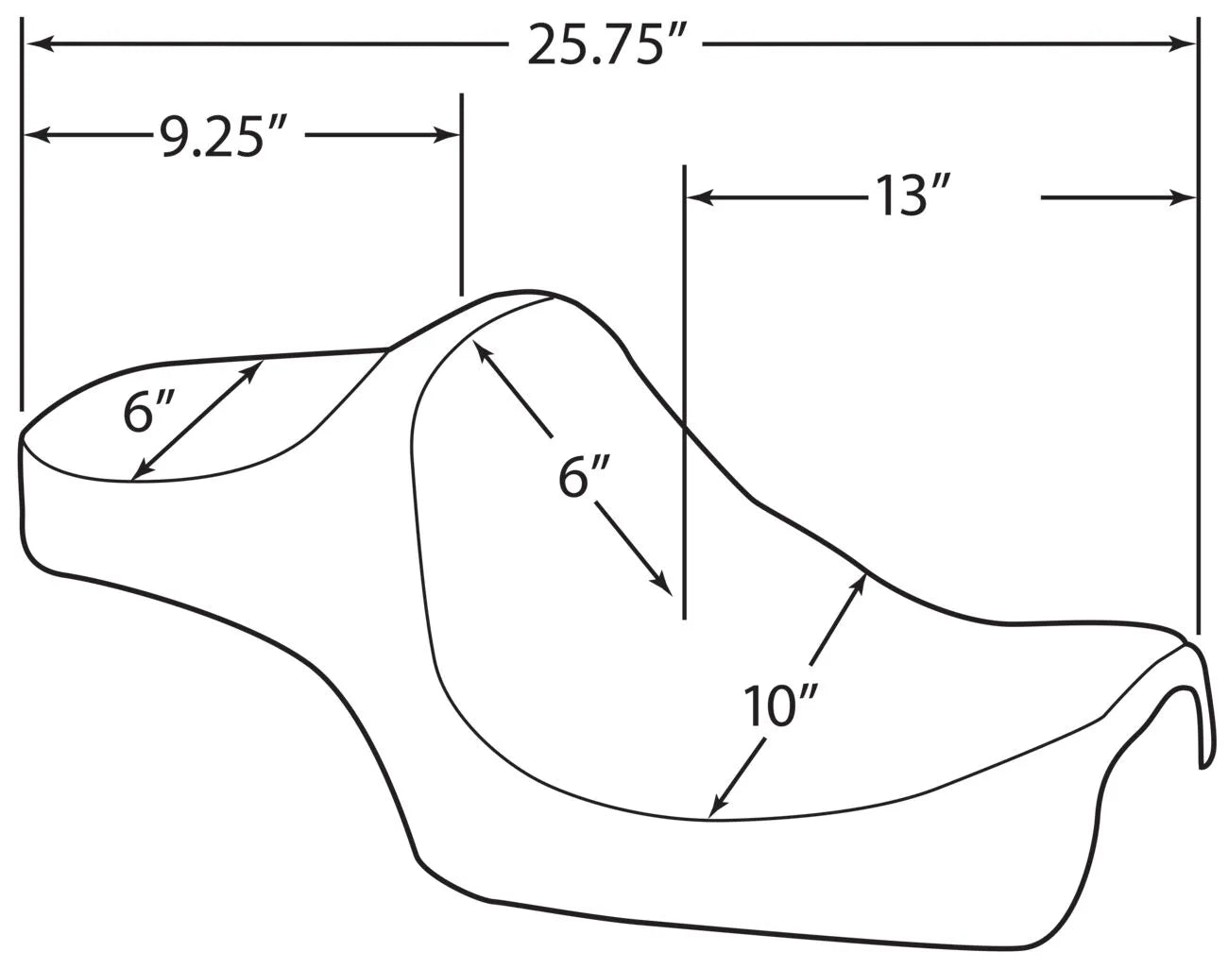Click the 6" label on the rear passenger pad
[x=148, y=413]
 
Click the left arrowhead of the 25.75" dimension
[x=34, y=43]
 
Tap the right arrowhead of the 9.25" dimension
[x=451, y=136]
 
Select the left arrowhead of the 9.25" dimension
[x=34, y=136]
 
